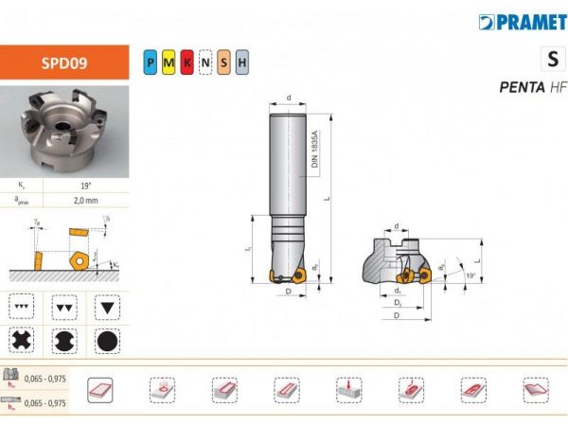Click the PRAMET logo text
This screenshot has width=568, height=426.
[524, 21]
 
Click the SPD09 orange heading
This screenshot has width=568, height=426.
[63, 63]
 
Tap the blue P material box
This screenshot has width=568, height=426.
[150, 63]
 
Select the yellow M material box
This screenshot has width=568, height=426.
[168, 63]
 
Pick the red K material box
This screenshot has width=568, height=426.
[186, 63]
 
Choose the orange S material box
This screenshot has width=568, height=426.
[223, 63]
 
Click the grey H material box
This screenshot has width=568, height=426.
[241, 63]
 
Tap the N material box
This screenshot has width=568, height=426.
[204, 63]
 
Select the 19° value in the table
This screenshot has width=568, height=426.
[86, 186]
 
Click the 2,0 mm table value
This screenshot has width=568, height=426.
[86, 200]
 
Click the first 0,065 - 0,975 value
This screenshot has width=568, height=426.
[48, 377]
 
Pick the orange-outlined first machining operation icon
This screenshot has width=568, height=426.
[99, 388]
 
